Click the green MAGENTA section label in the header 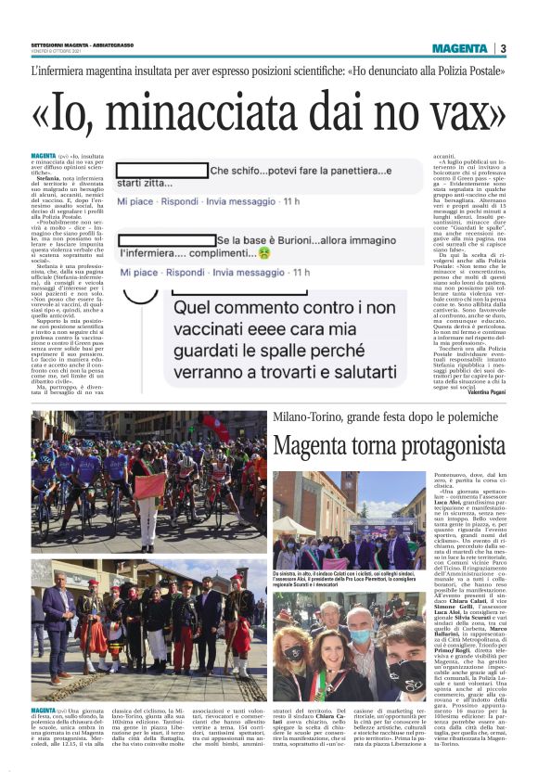click(x=459, y=48)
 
